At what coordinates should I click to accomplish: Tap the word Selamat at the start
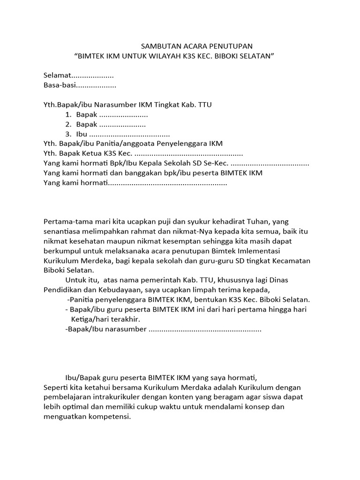(56, 75)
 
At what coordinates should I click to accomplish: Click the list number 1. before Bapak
(68, 114)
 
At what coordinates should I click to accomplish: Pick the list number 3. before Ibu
(68, 134)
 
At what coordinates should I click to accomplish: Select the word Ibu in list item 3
(82, 134)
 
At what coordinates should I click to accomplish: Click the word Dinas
(278, 280)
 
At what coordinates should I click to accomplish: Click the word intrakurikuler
(108, 397)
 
